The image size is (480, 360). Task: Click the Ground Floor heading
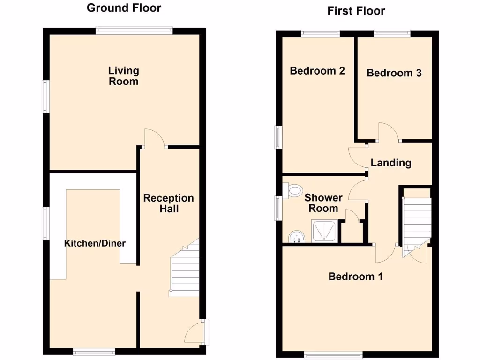124,8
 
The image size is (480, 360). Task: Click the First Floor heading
356,11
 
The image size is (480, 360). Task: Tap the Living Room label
124,76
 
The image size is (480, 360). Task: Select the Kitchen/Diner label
95,243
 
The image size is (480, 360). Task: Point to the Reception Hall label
168,203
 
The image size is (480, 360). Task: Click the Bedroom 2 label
317,71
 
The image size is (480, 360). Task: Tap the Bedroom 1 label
355,276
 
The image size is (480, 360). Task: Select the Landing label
391,163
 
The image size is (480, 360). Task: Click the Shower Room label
323,203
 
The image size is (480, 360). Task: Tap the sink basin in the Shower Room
296,236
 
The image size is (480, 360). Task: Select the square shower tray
324,232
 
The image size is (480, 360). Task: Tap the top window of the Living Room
134,30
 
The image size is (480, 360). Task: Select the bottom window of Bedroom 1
333,353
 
